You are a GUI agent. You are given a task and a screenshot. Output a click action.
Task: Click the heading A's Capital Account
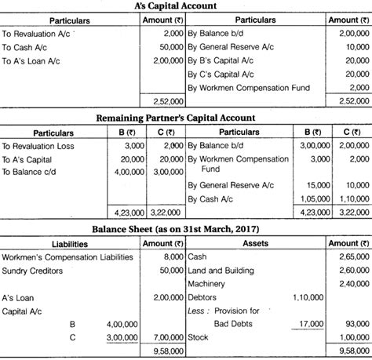click(x=186, y=5)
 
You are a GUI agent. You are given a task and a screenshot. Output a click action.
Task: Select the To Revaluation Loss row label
click(x=39, y=146)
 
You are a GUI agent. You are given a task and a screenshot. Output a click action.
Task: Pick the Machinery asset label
click(x=206, y=283)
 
